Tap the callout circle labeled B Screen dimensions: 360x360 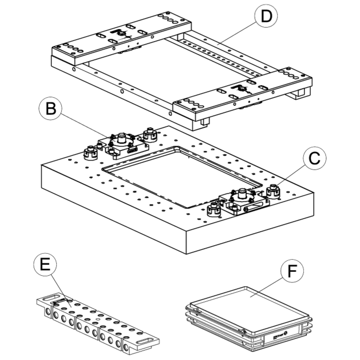[51, 109]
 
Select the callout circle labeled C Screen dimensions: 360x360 [314, 159]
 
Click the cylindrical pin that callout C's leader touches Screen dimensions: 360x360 [273, 190]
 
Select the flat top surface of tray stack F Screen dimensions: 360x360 [249, 306]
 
